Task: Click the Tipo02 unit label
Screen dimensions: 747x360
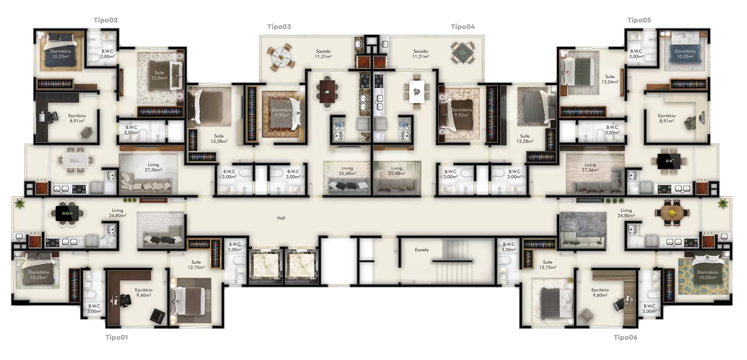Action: pyautogui.click(x=105, y=20)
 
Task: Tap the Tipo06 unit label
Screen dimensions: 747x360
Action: pyautogui.click(x=625, y=337)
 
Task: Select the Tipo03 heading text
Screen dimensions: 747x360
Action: pyautogui.click(x=279, y=27)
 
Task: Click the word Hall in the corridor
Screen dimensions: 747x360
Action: pyautogui.click(x=281, y=218)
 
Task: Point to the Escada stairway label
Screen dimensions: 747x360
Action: pyautogui.click(x=422, y=250)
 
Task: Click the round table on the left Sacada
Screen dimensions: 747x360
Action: pyautogui.click(x=281, y=57)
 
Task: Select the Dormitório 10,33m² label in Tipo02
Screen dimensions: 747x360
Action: pyautogui.click(x=61, y=54)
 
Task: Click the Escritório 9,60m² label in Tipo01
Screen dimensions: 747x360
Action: pyautogui.click(x=144, y=293)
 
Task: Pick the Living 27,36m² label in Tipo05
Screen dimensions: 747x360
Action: pyautogui.click(x=590, y=167)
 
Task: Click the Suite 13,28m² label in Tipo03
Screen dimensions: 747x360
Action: pyautogui.click(x=219, y=139)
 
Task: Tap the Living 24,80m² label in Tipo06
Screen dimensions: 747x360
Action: pyautogui.click(x=626, y=213)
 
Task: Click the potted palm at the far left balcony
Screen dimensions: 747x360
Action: pyautogui.click(x=18, y=203)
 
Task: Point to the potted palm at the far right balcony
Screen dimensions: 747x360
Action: pyautogui.click(x=723, y=203)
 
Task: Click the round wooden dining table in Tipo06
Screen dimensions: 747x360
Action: pyautogui.click(x=672, y=213)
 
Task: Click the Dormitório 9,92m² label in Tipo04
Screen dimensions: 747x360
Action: pyautogui.click(x=461, y=112)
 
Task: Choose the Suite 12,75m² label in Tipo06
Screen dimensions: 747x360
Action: pyautogui.click(x=548, y=265)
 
